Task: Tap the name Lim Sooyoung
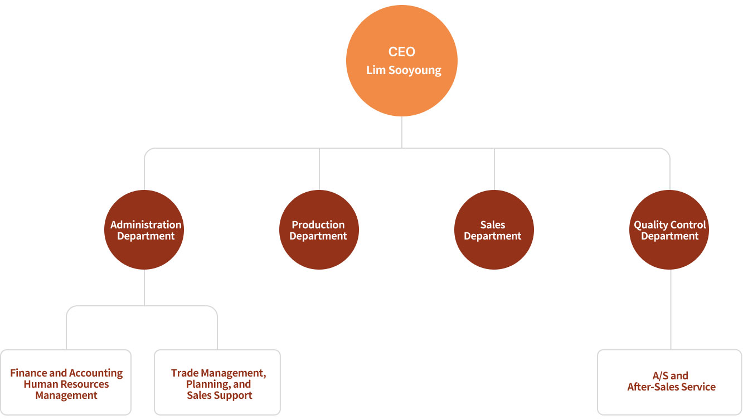tap(404, 71)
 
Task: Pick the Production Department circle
tap(319, 251)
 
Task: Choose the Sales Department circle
tap(494, 251)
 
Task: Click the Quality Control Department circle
tap(669, 251)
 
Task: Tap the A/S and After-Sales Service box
tap(669, 382)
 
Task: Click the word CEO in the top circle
tap(402, 52)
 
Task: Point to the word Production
tap(318, 224)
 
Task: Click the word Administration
tap(146, 224)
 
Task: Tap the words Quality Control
tap(670, 224)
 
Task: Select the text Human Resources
tap(66, 384)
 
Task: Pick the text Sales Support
tap(220, 395)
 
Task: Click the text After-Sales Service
tap(671, 387)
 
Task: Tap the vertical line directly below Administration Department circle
tap(144, 287)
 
